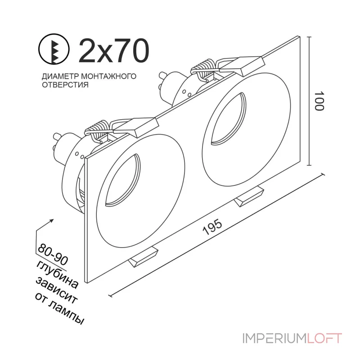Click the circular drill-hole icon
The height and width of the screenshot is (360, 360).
coord(54,49)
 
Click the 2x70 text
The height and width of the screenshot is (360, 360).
coord(114,50)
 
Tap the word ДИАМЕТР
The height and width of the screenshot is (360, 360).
coord(60,76)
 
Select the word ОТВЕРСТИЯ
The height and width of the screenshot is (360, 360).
coord(65,85)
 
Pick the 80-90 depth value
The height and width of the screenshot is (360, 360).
coord(53,254)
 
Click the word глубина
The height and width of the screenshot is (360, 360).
coord(58,274)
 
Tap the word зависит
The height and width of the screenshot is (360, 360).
coord(57,290)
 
